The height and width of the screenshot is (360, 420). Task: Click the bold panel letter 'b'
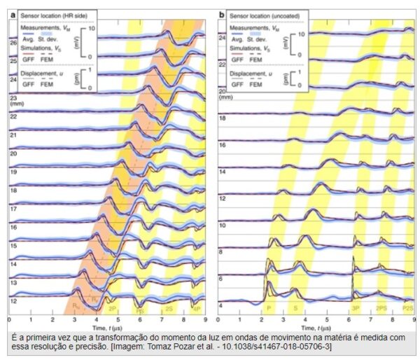click(222, 13)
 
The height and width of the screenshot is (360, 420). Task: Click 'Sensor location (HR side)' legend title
click(52, 13)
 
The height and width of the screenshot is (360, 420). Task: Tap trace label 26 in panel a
click(12, 43)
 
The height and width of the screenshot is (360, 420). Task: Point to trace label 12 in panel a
click(12, 300)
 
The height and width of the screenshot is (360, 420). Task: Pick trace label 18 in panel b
click(222, 120)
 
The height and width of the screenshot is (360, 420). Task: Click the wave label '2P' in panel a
click(112, 308)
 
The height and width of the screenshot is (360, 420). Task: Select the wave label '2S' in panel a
click(169, 308)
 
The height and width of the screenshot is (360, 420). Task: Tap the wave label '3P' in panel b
click(356, 308)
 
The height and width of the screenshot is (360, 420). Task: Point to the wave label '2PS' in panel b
click(382, 308)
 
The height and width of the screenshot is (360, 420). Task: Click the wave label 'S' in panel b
click(294, 308)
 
